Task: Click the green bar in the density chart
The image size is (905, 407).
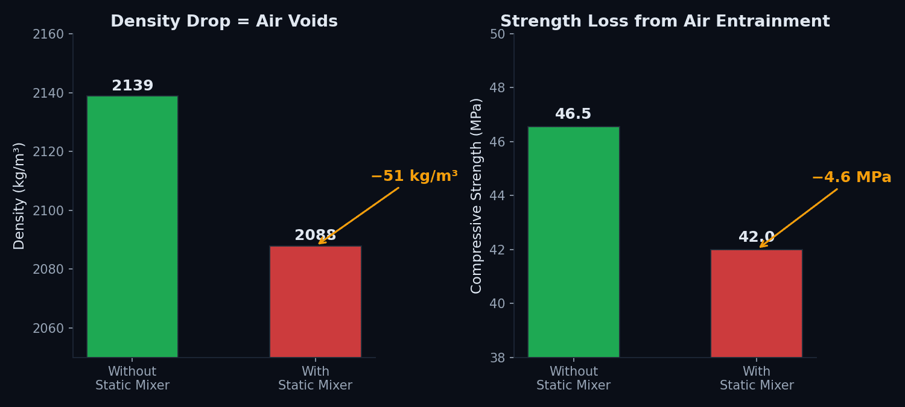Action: [x=132, y=226]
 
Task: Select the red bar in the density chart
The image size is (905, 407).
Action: [x=315, y=301]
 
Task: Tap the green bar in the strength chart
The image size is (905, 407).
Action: [x=573, y=241]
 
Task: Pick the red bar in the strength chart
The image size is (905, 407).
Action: [x=756, y=303]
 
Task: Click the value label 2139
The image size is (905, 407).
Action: [x=132, y=86]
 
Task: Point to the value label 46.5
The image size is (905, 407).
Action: [x=573, y=115]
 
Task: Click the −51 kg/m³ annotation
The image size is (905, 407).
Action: [x=414, y=177]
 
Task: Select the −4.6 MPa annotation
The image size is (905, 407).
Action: [x=851, y=178]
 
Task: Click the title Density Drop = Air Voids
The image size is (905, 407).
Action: [x=224, y=22]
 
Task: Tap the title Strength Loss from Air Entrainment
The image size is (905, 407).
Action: [x=665, y=22]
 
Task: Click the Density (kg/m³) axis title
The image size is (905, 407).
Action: [x=19, y=195]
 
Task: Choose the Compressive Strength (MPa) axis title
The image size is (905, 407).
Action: [x=477, y=195]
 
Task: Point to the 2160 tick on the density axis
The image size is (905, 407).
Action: [x=48, y=34]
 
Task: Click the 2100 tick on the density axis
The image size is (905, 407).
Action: [x=48, y=211]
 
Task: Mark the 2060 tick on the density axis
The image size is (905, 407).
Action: [x=48, y=329]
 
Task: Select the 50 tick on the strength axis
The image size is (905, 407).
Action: [x=498, y=34]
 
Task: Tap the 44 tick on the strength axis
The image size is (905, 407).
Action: [x=498, y=196]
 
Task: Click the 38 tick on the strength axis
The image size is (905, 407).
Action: [x=498, y=358]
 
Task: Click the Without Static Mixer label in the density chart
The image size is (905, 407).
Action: [x=132, y=379]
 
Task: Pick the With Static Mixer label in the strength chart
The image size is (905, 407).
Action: [x=756, y=379]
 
